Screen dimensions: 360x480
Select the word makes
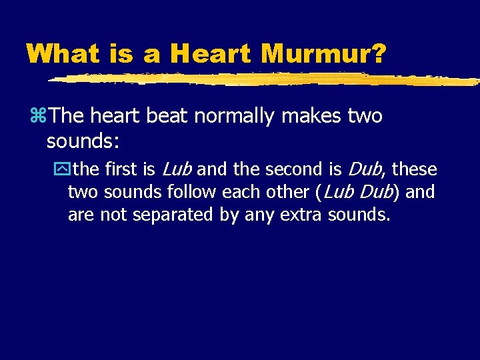pos(312,116)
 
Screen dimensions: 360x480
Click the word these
pos(414,169)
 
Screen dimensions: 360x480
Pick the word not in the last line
pos(113,215)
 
